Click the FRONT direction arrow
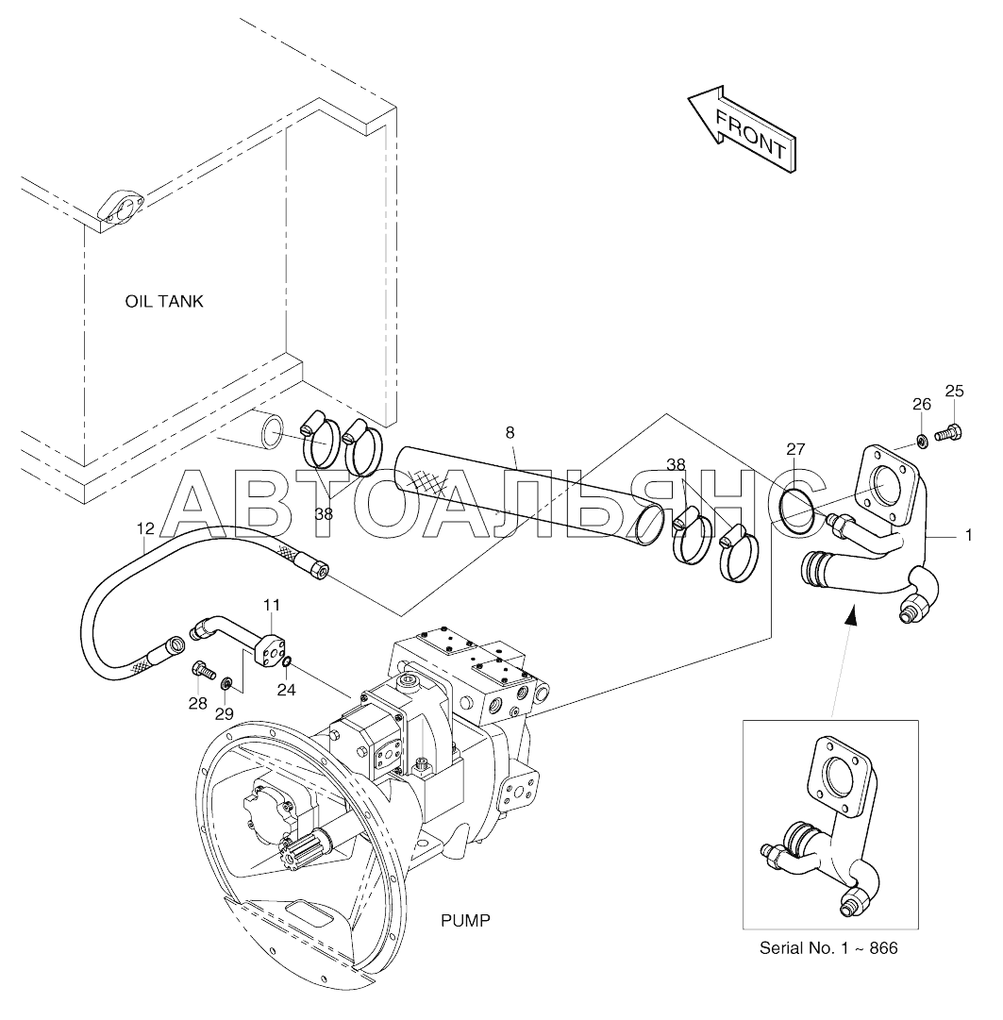click(x=742, y=128)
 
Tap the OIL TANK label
click(x=164, y=301)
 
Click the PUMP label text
click(x=466, y=921)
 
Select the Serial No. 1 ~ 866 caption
click(x=828, y=947)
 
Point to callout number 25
click(x=954, y=391)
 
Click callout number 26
click(x=922, y=404)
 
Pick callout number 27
click(x=795, y=449)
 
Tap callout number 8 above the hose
click(x=510, y=432)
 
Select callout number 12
click(x=145, y=528)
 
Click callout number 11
click(x=271, y=605)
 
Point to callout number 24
click(x=286, y=690)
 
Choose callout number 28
click(x=198, y=703)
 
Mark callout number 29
click(x=225, y=713)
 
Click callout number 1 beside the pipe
click(x=968, y=535)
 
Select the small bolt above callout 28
click(x=204, y=669)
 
